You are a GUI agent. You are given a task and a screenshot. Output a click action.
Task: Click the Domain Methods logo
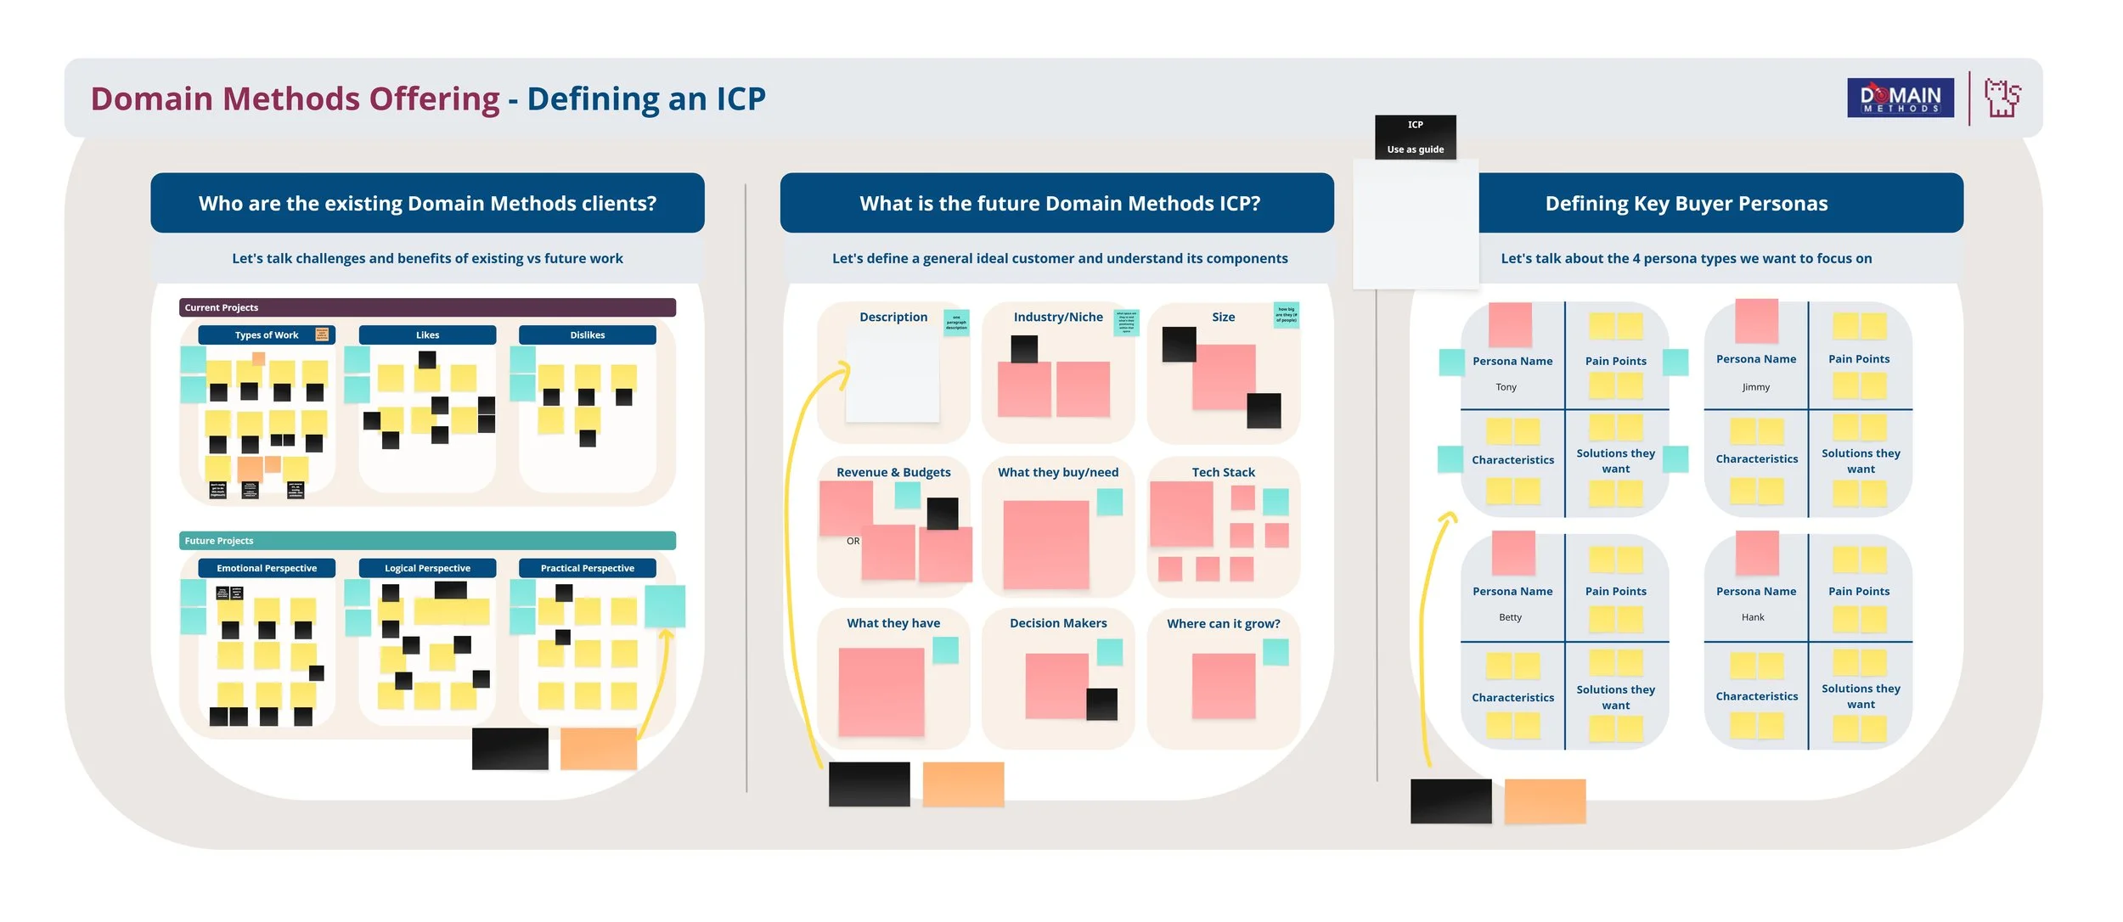point(1900,98)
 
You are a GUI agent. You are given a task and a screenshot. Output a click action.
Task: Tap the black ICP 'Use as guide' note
point(1415,137)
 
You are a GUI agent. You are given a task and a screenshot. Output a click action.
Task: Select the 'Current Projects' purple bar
point(427,307)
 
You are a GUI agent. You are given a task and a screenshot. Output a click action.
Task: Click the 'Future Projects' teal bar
point(427,540)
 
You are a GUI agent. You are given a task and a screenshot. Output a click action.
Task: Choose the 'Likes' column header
point(427,335)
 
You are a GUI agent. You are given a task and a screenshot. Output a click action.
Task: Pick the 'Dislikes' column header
point(587,335)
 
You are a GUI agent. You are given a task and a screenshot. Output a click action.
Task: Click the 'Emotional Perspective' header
point(267,568)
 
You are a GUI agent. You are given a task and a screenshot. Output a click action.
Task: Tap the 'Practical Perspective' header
point(587,568)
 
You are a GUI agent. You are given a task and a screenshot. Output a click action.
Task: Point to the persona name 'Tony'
point(1506,387)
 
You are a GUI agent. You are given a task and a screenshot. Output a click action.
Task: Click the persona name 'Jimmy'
point(1755,387)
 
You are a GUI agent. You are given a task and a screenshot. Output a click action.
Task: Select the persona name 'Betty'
point(1510,617)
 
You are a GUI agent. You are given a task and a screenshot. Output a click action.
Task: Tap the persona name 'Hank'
point(1753,617)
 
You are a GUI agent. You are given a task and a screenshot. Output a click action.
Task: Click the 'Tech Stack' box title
point(1223,472)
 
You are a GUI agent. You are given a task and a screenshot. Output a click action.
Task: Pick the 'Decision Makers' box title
point(1058,623)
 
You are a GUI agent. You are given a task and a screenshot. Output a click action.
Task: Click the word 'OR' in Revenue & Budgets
point(853,541)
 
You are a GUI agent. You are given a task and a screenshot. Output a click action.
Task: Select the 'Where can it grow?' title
point(1223,623)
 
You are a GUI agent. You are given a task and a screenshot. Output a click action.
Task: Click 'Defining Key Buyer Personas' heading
point(1686,204)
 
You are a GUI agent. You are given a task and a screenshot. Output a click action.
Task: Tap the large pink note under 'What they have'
point(881,691)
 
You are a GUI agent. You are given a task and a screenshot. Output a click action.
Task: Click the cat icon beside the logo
point(2002,98)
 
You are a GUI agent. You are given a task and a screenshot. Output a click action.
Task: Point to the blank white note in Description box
point(892,375)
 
